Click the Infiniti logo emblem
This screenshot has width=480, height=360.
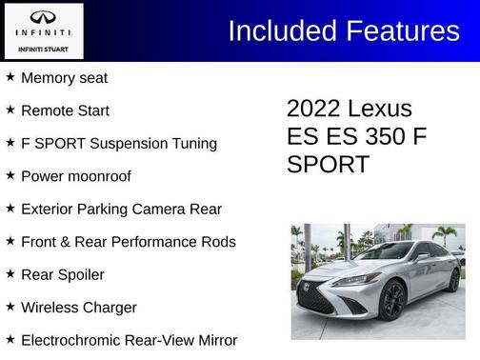pyautogui.click(x=43, y=18)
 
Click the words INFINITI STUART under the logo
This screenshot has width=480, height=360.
pyautogui.click(x=43, y=48)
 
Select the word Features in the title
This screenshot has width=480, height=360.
pyautogui.click(x=402, y=30)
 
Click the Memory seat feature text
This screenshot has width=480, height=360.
pyautogui.click(x=64, y=78)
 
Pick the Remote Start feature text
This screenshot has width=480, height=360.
pyautogui.click(x=65, y=110)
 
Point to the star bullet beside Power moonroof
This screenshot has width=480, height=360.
pyautogui.click(x=10, y=176)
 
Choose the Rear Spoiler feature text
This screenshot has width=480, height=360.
pyautogui.click(x=62, y=275)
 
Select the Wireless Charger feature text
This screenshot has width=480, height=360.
pyautogui.click(x=79, y=308)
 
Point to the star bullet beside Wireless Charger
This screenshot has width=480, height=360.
pyautogui.click(x=10, y=307)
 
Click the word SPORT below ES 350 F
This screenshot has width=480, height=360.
pyautogui.click(x=328, y=164)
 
